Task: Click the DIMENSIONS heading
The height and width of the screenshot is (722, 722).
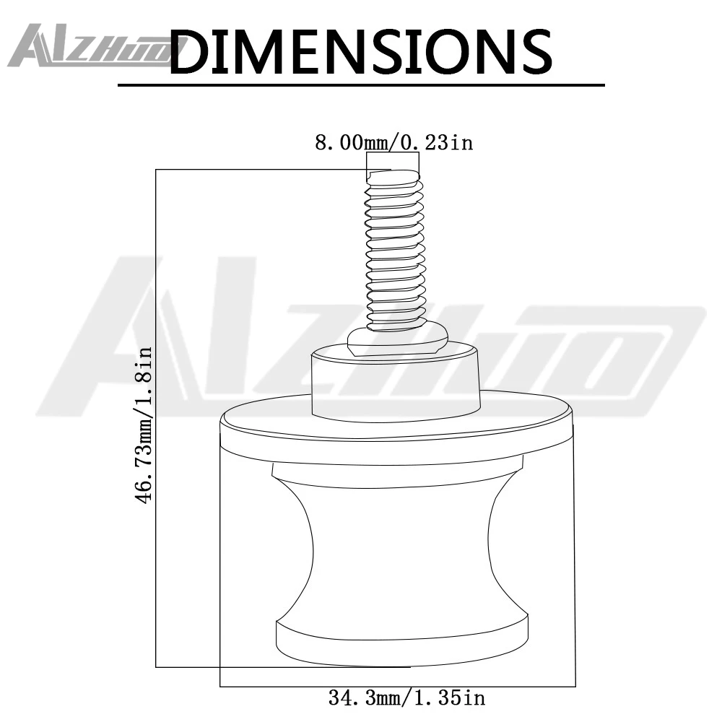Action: point(360,51)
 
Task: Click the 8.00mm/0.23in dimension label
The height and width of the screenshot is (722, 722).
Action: point(394,142)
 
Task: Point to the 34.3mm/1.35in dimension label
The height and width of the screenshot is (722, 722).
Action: point(407,697)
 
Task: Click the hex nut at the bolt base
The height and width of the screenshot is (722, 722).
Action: point(397,340)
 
